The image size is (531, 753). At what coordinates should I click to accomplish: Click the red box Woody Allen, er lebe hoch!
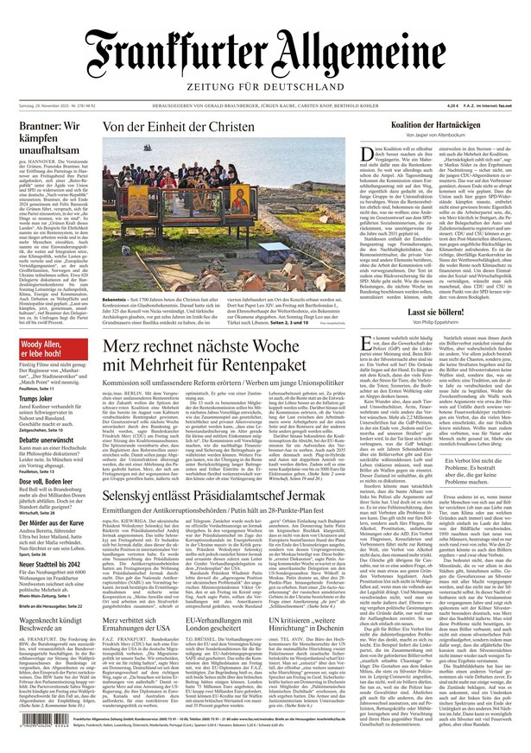47,325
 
